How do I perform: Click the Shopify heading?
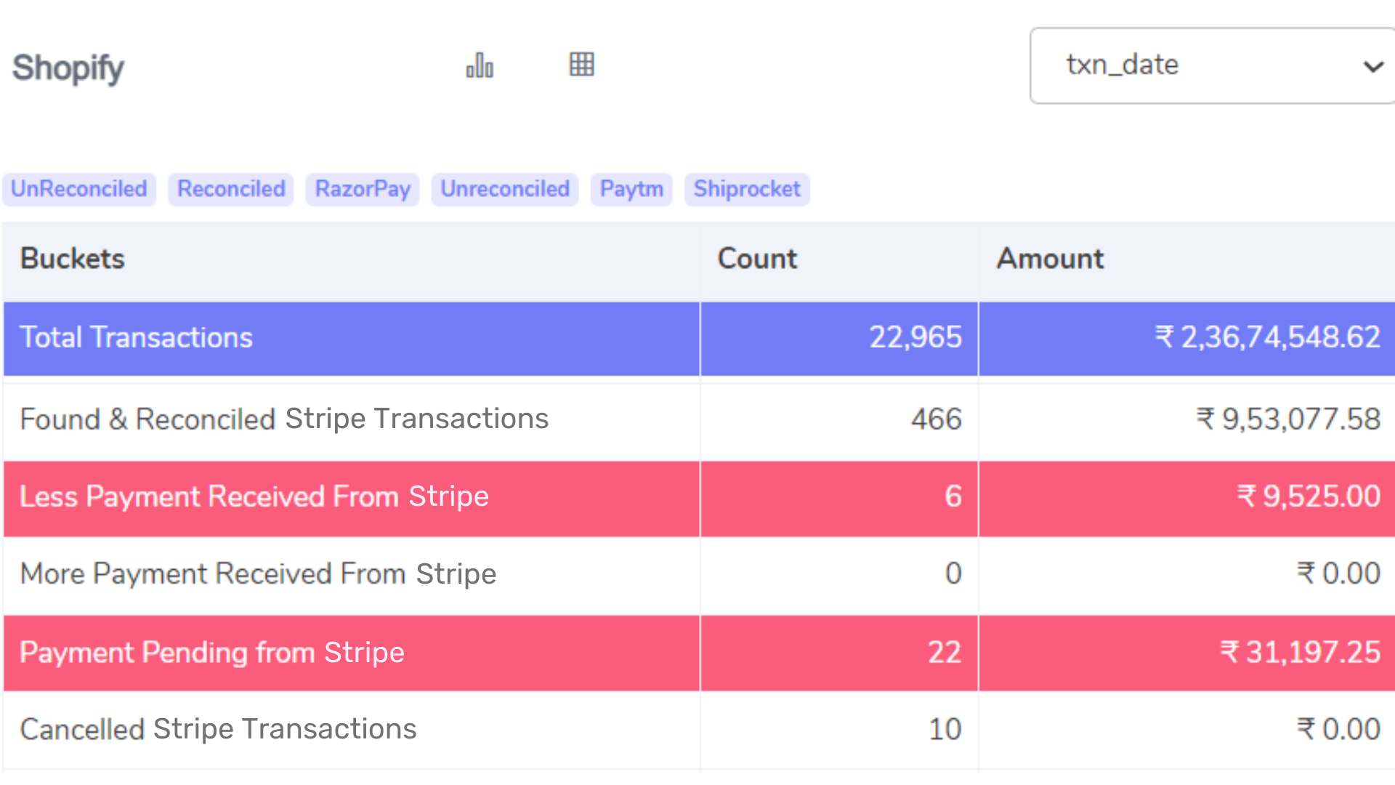tap(68, 68)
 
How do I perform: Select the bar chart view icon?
tap(480, 65)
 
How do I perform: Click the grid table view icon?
tap(581, 65)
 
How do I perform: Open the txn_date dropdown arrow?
tap(1372, 67)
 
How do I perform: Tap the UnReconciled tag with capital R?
tap(79, 189)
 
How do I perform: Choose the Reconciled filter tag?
tap(231, 189)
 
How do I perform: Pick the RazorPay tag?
tap(363, 189)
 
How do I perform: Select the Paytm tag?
tap(631, 189)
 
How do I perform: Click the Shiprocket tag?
tap(747, 189)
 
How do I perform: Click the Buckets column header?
tap(73, 259)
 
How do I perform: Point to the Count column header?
tap(757, 259)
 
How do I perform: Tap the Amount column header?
tap(1050, 259)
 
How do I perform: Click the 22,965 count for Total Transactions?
tap(915, 337)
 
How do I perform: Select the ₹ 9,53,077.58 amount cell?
tap(1288, 419)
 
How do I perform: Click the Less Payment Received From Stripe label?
tap(254, 497)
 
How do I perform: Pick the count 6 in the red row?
tap(953, 497)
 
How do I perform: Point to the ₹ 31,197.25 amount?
tap(1300, 653)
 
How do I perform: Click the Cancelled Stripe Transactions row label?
tap(218, 729)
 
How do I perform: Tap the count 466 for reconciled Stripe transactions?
tap(936, 419)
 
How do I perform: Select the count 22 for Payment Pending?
tap(944, 653)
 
